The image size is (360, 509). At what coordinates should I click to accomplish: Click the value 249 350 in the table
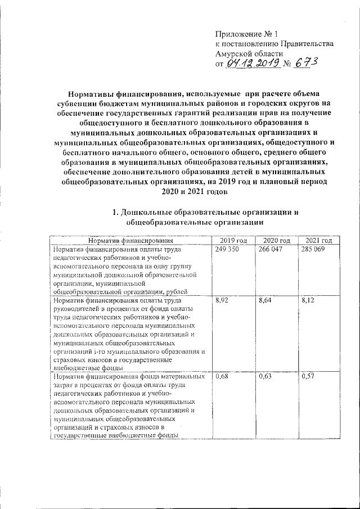[226, 249]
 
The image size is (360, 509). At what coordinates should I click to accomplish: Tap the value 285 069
[313, 249]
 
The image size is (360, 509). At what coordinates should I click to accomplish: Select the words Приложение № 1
[244, 33]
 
